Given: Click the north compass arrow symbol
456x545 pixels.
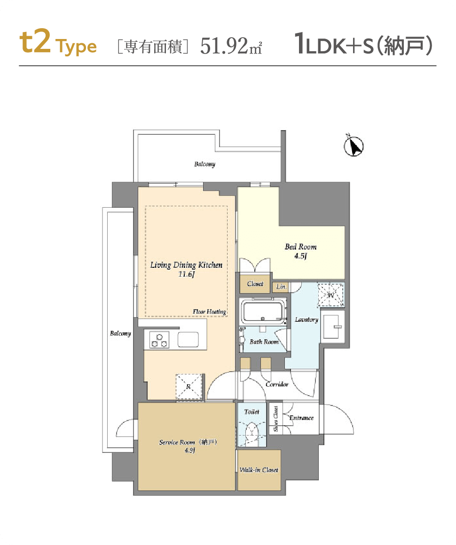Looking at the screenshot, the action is (x=354, y=146).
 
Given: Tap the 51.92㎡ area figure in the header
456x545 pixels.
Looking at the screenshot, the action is (x=231, y=46).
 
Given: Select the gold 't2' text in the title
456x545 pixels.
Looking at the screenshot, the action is (x=35, y=42).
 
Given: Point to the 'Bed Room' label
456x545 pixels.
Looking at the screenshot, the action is (x=300, y=247).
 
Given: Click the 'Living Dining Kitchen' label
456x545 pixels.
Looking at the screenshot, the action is (x=186, y=265).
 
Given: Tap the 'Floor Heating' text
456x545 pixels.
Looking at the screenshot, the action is (x=209, y=312).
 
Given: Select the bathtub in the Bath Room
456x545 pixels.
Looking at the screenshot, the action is (x=263, y=311).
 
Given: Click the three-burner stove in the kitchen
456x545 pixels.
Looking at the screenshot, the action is (x=159, y=340).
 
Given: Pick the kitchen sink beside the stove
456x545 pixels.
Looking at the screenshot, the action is (x=188, y=340).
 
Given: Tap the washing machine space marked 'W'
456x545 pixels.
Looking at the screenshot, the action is (x=331, y=295).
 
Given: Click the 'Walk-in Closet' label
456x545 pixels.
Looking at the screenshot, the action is (x=259, y=470).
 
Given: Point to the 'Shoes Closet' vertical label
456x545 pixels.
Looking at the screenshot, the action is (x=276, y=419).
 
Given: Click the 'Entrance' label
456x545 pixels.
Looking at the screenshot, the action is (x=301, y=418).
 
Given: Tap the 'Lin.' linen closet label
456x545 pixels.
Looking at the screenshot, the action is (x=281, y=287).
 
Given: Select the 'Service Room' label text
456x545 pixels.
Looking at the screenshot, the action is (x=177, y=443).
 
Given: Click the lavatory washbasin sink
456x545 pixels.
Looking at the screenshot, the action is (x=331, y=327).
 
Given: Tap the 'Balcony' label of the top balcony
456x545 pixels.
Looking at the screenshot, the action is (x=204, y=164).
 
